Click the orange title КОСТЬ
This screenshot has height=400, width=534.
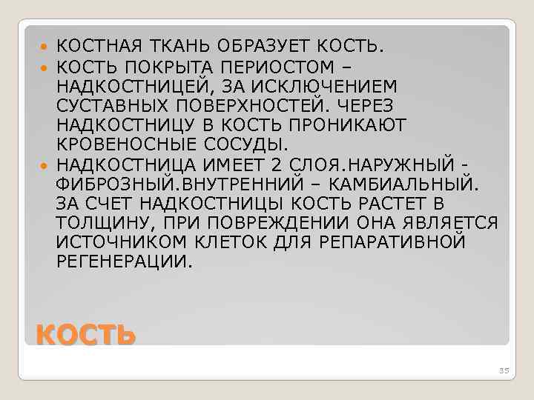click(86, 336)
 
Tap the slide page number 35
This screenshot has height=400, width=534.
click(506, 370)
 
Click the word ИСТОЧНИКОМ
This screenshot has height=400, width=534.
click(115, 241)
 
